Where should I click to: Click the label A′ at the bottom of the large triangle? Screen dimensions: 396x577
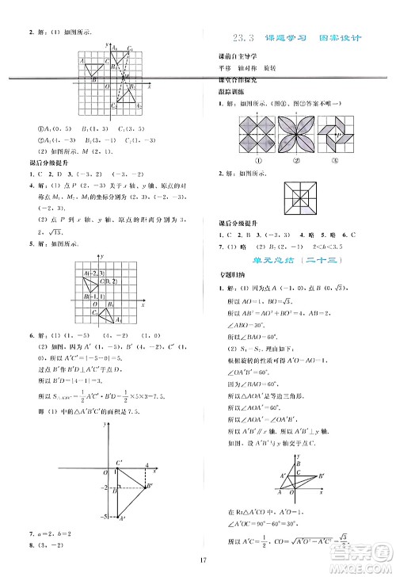pyautogui.click(x=121, y=519)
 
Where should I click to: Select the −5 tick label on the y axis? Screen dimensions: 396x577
pyautogui.click(x=104, y=516)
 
